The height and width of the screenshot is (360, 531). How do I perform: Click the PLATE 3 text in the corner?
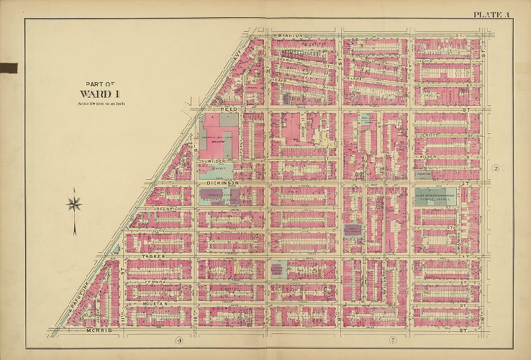tap(491, 14)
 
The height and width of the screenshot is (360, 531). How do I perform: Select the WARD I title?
tap(100, 93)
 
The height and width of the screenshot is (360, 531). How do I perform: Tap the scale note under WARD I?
tap(100, 103)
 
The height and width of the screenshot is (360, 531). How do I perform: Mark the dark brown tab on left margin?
tap(9, 68)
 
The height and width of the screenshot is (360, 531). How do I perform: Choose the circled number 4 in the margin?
tap(178, 339)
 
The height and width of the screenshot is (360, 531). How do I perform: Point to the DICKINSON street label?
tap(215, 184)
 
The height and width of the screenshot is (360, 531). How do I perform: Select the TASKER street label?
tap(148, 256)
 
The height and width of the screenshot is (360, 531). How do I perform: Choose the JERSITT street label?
tap(431, 134)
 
